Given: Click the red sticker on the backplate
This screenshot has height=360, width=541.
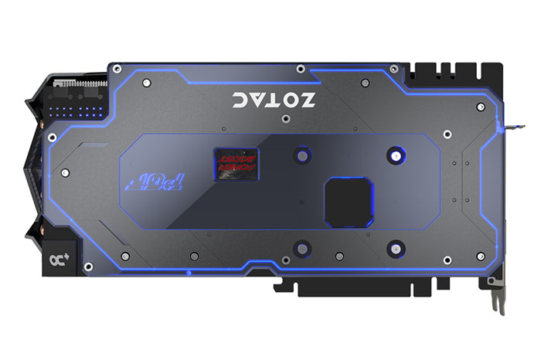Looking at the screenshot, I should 235,161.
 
